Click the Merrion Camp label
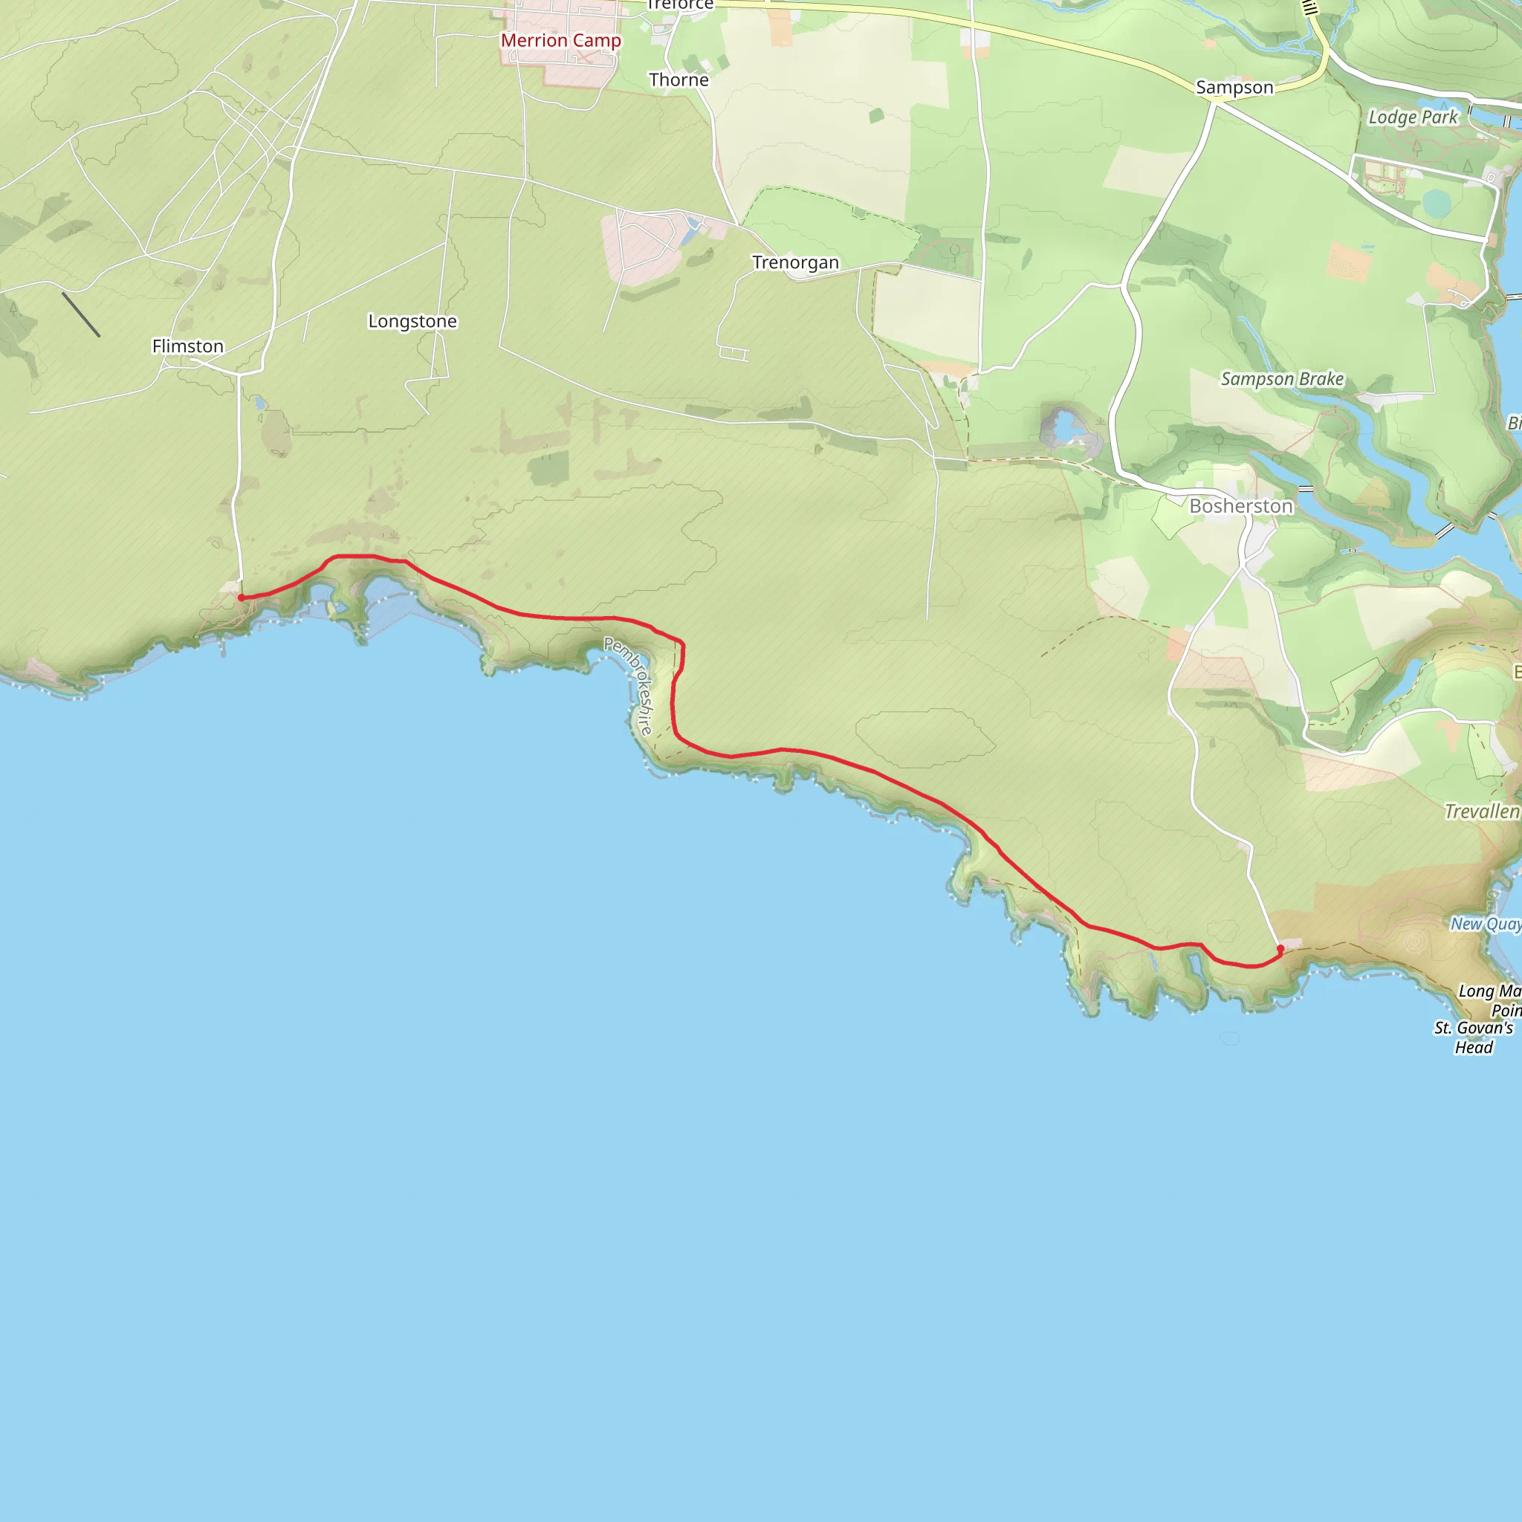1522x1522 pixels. pyautogui.click(x=561, y=41)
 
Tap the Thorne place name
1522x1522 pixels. pyautogui.click(x=679, y=80)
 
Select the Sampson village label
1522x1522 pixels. pyautogui.click(x=1234, y=88)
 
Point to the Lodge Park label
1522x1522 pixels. pyautogui.click(x=1413, y=117)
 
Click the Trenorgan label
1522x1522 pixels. pyautogui.click(x=795, y=262)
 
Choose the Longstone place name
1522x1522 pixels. pyautogui.click(x=412, y=321)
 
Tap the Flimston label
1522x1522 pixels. pyautogui.click(x=187, y=346)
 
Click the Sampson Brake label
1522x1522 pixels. pyautogui.click(x=1282, y=379)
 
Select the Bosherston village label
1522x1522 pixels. pyautogui.click(x=1241, y=506)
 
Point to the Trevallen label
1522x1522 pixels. pyautogui.click(x=1481, y=812)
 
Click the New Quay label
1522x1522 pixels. pyautogui.click(x=1485, y=924)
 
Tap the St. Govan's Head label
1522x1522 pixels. pyautogui.click(x=1473, y=1037)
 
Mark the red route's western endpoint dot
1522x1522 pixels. pyautogui.click(x=241, y=598)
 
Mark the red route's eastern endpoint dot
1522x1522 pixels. pyautogui.click(x=1280, y=948)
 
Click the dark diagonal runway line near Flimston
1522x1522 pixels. pyautogui.click(x=81, y=315)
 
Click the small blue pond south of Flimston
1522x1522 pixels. pyautogui.click(x=260, y=404)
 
